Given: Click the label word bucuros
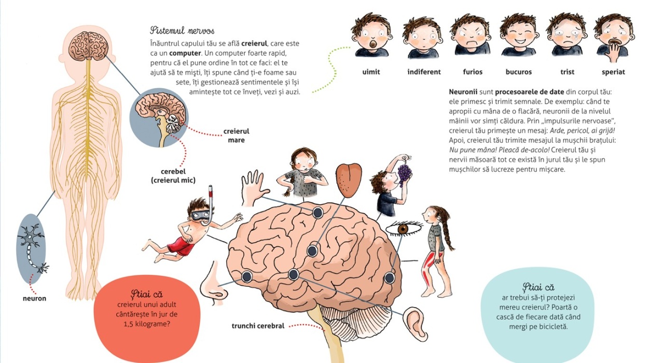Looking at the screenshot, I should click(519, 72).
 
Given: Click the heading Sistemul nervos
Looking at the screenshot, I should click(182, 31).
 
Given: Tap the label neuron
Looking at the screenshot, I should click(34, 298).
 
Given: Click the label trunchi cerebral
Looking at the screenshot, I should click(258, 326).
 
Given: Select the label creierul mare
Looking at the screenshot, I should click(236, 136).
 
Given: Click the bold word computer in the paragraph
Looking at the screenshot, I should click(185, 53).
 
